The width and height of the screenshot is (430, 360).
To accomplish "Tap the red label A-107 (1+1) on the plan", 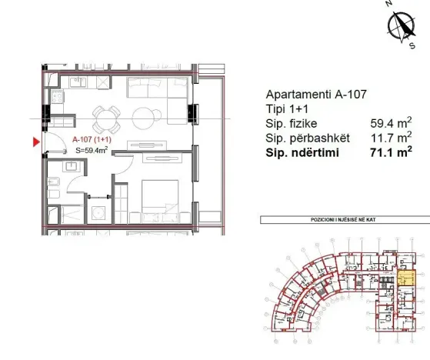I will point(93,139).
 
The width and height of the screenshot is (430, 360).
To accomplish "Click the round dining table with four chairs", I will point(106,118).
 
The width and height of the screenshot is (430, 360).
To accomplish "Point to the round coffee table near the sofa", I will point(143,118).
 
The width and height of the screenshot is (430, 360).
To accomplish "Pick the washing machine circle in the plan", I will point(98,213).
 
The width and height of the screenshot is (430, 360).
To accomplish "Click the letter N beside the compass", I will point(389,5).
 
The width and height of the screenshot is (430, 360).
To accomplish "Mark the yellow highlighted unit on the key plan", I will point(407,278).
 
